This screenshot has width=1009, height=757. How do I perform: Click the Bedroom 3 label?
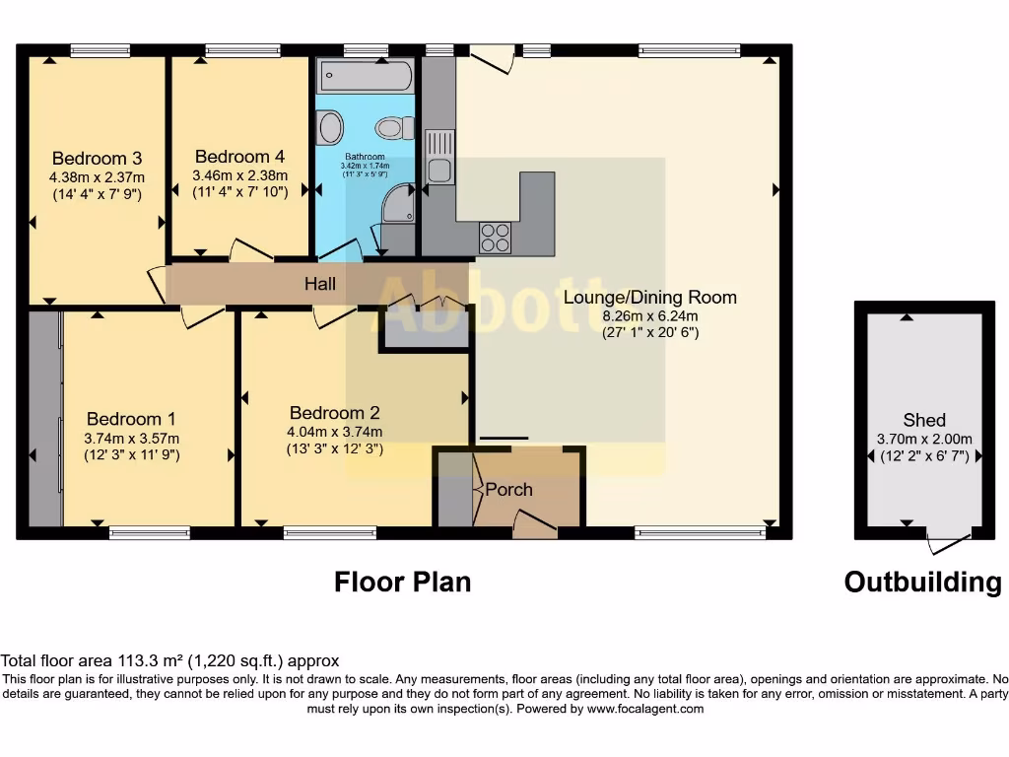(97, 158)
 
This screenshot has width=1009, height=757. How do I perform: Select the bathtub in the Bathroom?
(366, 75)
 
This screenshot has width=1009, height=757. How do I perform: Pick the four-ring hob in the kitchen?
(495, 237)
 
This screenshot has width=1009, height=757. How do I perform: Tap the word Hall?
(319, 285)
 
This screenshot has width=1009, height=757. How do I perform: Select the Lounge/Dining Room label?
(649, 297)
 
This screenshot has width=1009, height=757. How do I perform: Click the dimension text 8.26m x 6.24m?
(649, 315)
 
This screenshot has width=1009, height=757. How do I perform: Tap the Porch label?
(509, 489)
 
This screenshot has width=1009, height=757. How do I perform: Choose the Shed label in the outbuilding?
(924, 420)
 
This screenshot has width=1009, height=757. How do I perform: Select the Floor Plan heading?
(402, 582)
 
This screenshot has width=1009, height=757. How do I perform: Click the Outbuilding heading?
(922, 582)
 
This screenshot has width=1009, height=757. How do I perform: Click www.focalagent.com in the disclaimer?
(645, 708)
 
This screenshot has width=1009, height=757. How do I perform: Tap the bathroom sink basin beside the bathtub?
(329, 126)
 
